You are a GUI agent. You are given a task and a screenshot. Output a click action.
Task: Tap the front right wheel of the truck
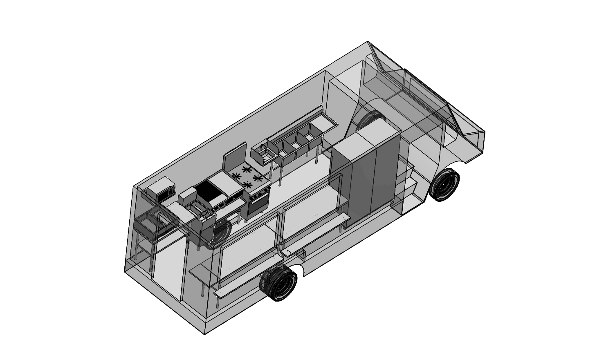[444, 185]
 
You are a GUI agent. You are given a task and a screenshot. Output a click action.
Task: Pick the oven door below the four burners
[257, 203]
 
